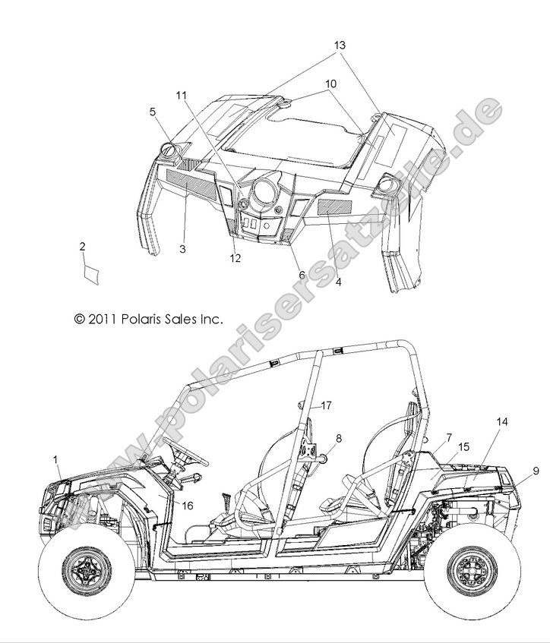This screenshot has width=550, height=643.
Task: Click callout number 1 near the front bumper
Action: tap(55, 459)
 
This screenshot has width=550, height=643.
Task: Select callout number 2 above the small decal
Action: tap(82, 246)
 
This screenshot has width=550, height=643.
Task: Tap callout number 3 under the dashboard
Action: tap(182, 248)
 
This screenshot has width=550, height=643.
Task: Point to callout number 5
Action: tap(152, 112)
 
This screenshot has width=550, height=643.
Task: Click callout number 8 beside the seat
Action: tap(317, 438)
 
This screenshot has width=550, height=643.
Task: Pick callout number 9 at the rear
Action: tap(536, 471)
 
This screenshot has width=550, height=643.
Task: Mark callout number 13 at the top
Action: tap(339, 45)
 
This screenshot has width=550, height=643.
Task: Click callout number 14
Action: tap(502, 421)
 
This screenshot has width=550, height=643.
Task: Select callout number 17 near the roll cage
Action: tap(326, 405)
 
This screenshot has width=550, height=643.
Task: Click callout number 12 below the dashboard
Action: tap(235, 258)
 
